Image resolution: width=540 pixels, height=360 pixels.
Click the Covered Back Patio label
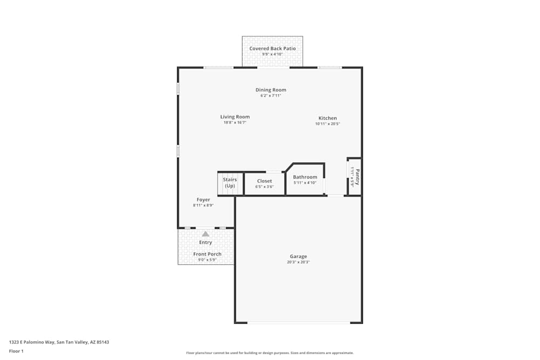(x=272, y=49)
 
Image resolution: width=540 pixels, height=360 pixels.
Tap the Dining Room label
(x=271, y=90)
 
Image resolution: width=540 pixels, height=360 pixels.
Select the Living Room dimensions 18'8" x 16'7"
(x=235, y=123)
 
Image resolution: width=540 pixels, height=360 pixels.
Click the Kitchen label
(x=327, y=118)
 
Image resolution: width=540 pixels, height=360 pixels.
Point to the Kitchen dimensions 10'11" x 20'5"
(x=327, y=124)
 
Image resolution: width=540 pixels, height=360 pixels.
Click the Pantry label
(x=357, y=176)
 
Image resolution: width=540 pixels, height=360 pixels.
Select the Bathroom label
(x=305, y=177)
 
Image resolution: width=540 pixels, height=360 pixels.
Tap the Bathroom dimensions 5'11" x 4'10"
(x=305, y=182)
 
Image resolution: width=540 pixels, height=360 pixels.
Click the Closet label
(x=265, y=181)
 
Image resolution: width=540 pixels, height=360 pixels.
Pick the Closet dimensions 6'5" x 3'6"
(x=265, y=187)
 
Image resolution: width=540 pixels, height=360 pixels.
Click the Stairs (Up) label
(x=230, y=182)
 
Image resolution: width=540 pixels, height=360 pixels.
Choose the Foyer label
(x=203, y=200)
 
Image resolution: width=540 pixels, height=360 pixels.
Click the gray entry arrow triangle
(x=205, y=234)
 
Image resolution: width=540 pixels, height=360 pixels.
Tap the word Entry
(x=205, y=242)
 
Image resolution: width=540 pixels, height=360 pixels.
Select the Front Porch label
(x=207, y=254)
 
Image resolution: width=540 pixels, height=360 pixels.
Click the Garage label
(x=298, y=256)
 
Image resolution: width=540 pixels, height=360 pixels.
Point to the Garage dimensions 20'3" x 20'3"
(x=298, y=262)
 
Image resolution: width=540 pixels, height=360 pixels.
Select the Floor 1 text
(x=16, y=351)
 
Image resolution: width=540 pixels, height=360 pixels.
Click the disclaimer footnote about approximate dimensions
(x=270, y=353)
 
